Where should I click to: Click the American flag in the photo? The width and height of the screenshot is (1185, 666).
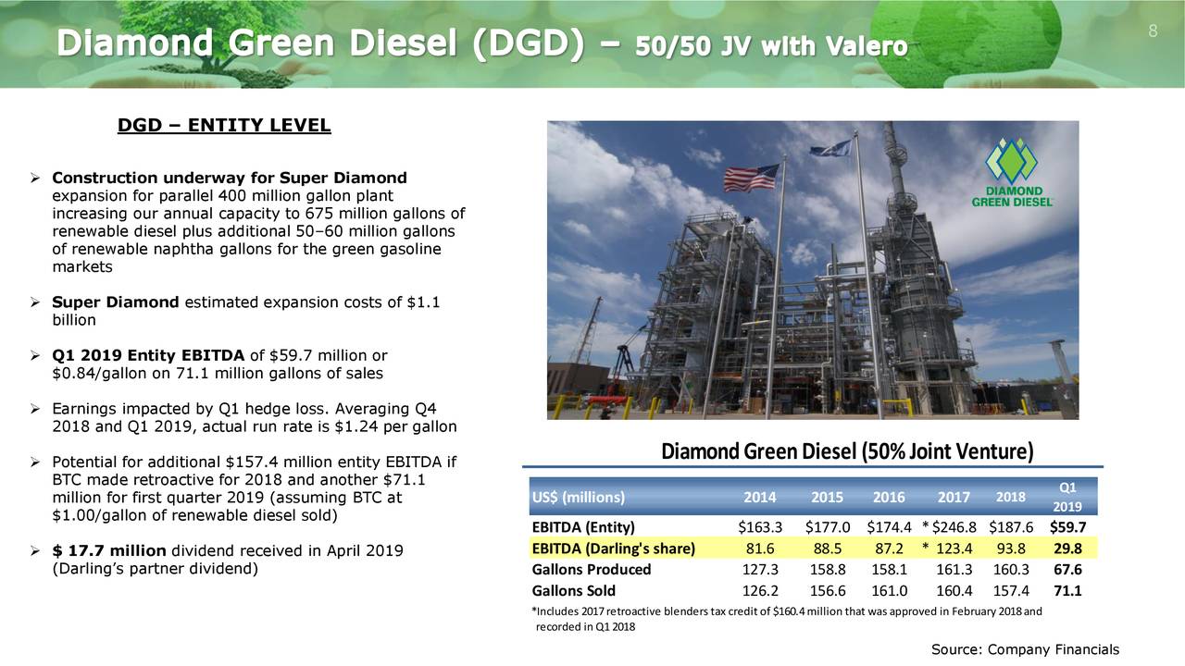(x=752, y=178)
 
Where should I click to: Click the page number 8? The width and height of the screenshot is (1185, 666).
(x=1153, y=31)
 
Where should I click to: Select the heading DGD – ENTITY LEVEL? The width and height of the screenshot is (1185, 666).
(x=224, y=126)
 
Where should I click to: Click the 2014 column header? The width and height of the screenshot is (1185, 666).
(x=759, y=497)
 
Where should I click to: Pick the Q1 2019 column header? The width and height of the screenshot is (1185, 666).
(x=1066, y=497)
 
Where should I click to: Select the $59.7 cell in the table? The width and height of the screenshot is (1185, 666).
(x=1067, y=528)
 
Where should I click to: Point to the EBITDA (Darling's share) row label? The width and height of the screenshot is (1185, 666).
(x=613, y=549)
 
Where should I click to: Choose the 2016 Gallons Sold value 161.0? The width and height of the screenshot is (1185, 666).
(x=889, y=591)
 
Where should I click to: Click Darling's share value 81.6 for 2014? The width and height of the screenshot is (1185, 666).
(x=760, y=549)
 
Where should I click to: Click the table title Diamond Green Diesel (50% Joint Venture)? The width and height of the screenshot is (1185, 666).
(x=847, y=452)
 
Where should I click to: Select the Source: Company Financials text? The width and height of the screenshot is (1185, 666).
(x=1025, y=649)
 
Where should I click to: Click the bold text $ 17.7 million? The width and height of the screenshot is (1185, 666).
(x=109, y=551)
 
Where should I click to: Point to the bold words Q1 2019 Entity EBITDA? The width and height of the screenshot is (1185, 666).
(x=148, y=356)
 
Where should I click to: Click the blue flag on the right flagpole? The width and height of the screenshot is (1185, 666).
(x=831, y=147)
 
